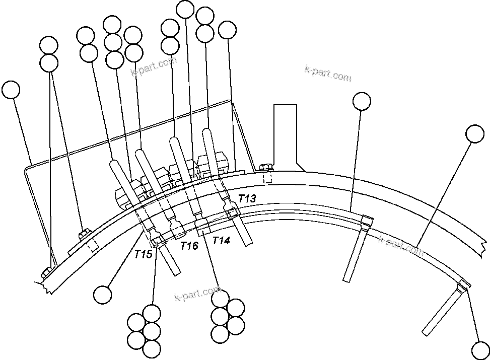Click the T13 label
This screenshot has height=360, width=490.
click(x=247, y=198)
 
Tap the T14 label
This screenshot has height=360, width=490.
click(x=221, y=241)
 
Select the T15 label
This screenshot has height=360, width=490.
click(x=143, y=254)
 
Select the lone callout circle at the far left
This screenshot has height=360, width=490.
click(x=11, y=90)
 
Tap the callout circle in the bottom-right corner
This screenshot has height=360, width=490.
click(x=479, y=349)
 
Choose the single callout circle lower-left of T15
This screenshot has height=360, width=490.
click(x=103, y=294)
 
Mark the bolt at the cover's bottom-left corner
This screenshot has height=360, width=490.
click(x=45, y=272)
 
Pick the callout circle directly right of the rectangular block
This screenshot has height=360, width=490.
click(x=362, y=101)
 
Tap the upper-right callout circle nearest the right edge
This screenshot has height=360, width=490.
click(x=475, y=134)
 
